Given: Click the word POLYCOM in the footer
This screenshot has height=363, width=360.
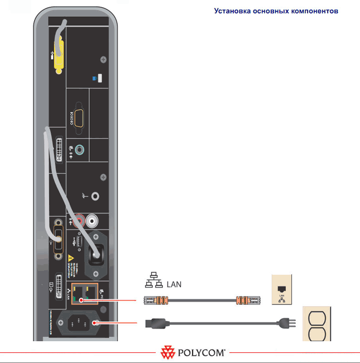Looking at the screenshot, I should click(x=201, y=353).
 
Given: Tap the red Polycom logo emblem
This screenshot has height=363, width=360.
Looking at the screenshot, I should click(x=167, y=353).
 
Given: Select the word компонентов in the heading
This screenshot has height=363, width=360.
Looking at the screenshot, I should click(x=312, y=11).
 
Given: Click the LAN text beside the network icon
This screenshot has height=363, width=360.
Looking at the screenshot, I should click(x=174, y=284).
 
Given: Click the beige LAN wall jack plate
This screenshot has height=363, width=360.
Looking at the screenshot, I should click(x=282, y=289).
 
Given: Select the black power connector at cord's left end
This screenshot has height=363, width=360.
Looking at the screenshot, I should click(x=153, y=322).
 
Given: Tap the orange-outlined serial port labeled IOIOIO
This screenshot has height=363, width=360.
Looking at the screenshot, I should click(x=78, y=118).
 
